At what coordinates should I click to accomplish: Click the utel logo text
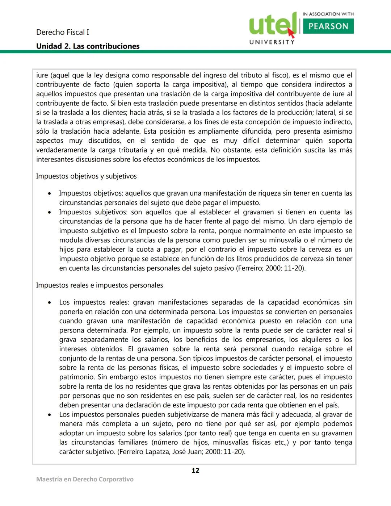pos(272,24)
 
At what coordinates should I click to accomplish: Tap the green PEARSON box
pos(328,26)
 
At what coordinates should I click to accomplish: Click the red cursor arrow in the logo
pos(291,33)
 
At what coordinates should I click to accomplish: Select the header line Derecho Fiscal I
pos(62,32)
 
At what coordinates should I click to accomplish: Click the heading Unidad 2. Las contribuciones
pos(88,46)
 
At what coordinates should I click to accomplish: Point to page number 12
pos(195,471)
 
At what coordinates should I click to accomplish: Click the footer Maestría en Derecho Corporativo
pos(85,479)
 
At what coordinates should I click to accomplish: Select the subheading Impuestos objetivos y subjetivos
pos(86,176)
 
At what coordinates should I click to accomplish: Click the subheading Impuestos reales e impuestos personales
pos(99,285)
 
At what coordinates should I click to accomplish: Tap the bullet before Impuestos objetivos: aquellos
pos(49,194)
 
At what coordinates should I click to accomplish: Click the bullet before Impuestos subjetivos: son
pos(49,212)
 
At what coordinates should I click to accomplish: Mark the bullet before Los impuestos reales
pos(49,302)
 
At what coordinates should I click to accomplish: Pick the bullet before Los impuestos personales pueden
pos(49,415)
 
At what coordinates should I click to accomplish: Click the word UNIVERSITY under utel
pos(272,42)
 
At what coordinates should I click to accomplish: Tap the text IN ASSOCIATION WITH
pos(328,14)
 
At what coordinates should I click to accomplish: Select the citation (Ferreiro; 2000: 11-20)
pos(271,268)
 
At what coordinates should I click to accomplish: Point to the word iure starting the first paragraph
pos(42,75)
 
